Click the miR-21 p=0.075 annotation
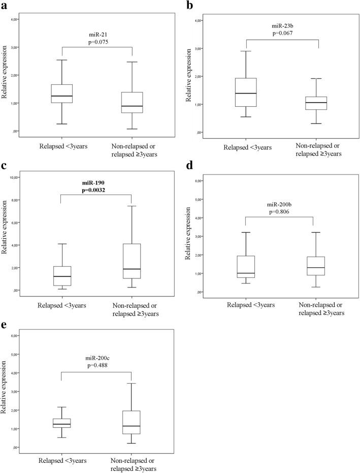coord(97,39)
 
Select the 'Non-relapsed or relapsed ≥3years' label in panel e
coord(132,463)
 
